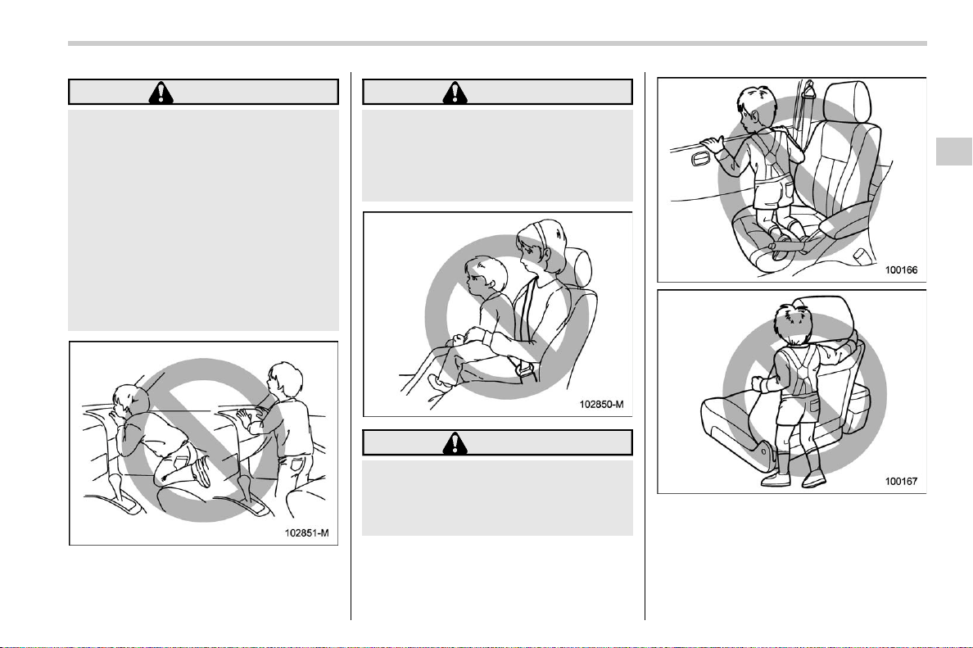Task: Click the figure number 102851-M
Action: [x=306, y=532]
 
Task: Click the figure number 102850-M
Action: [x=601, y=404]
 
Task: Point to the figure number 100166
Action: [x=901, y=270]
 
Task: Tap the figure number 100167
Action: [x=901, y=481]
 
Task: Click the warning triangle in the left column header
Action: [x=161, y=93]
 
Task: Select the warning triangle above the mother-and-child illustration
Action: [x=455, y=93]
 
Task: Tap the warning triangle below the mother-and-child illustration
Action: [x=455, y=442]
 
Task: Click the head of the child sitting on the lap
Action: [x=485, y=276]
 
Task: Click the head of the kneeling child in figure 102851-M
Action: [x=129, y=402]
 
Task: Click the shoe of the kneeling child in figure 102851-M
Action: [x=201, y=473]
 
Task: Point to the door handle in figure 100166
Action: [x=703, y=160]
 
